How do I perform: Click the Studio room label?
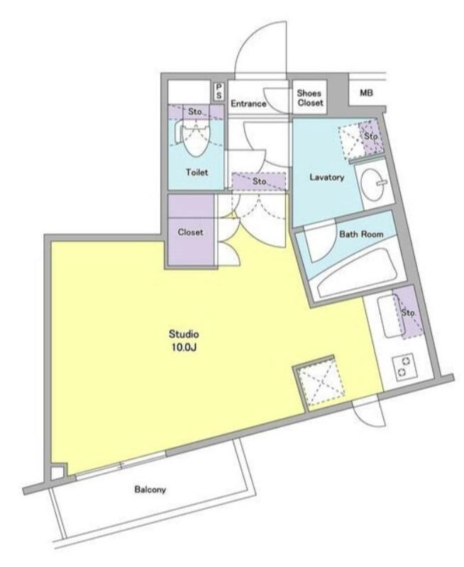click(184, 334)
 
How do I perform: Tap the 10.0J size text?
click(184, 347)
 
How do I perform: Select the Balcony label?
click(150, 490)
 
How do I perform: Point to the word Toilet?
click(197, 172)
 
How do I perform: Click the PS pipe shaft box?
click(219, 91)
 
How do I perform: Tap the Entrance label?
click(248, 103)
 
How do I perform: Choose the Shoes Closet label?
click(310, 98)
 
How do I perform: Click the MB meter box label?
click(366, 93)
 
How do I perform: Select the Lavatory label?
click(326, 177)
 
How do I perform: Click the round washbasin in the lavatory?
click(373, 184)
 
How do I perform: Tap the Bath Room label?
click(361, 234)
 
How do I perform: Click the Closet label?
click(190, 232)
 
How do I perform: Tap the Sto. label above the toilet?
click(195, 112)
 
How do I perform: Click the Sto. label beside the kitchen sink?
click(408, 313)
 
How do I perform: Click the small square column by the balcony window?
click(58, 473)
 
